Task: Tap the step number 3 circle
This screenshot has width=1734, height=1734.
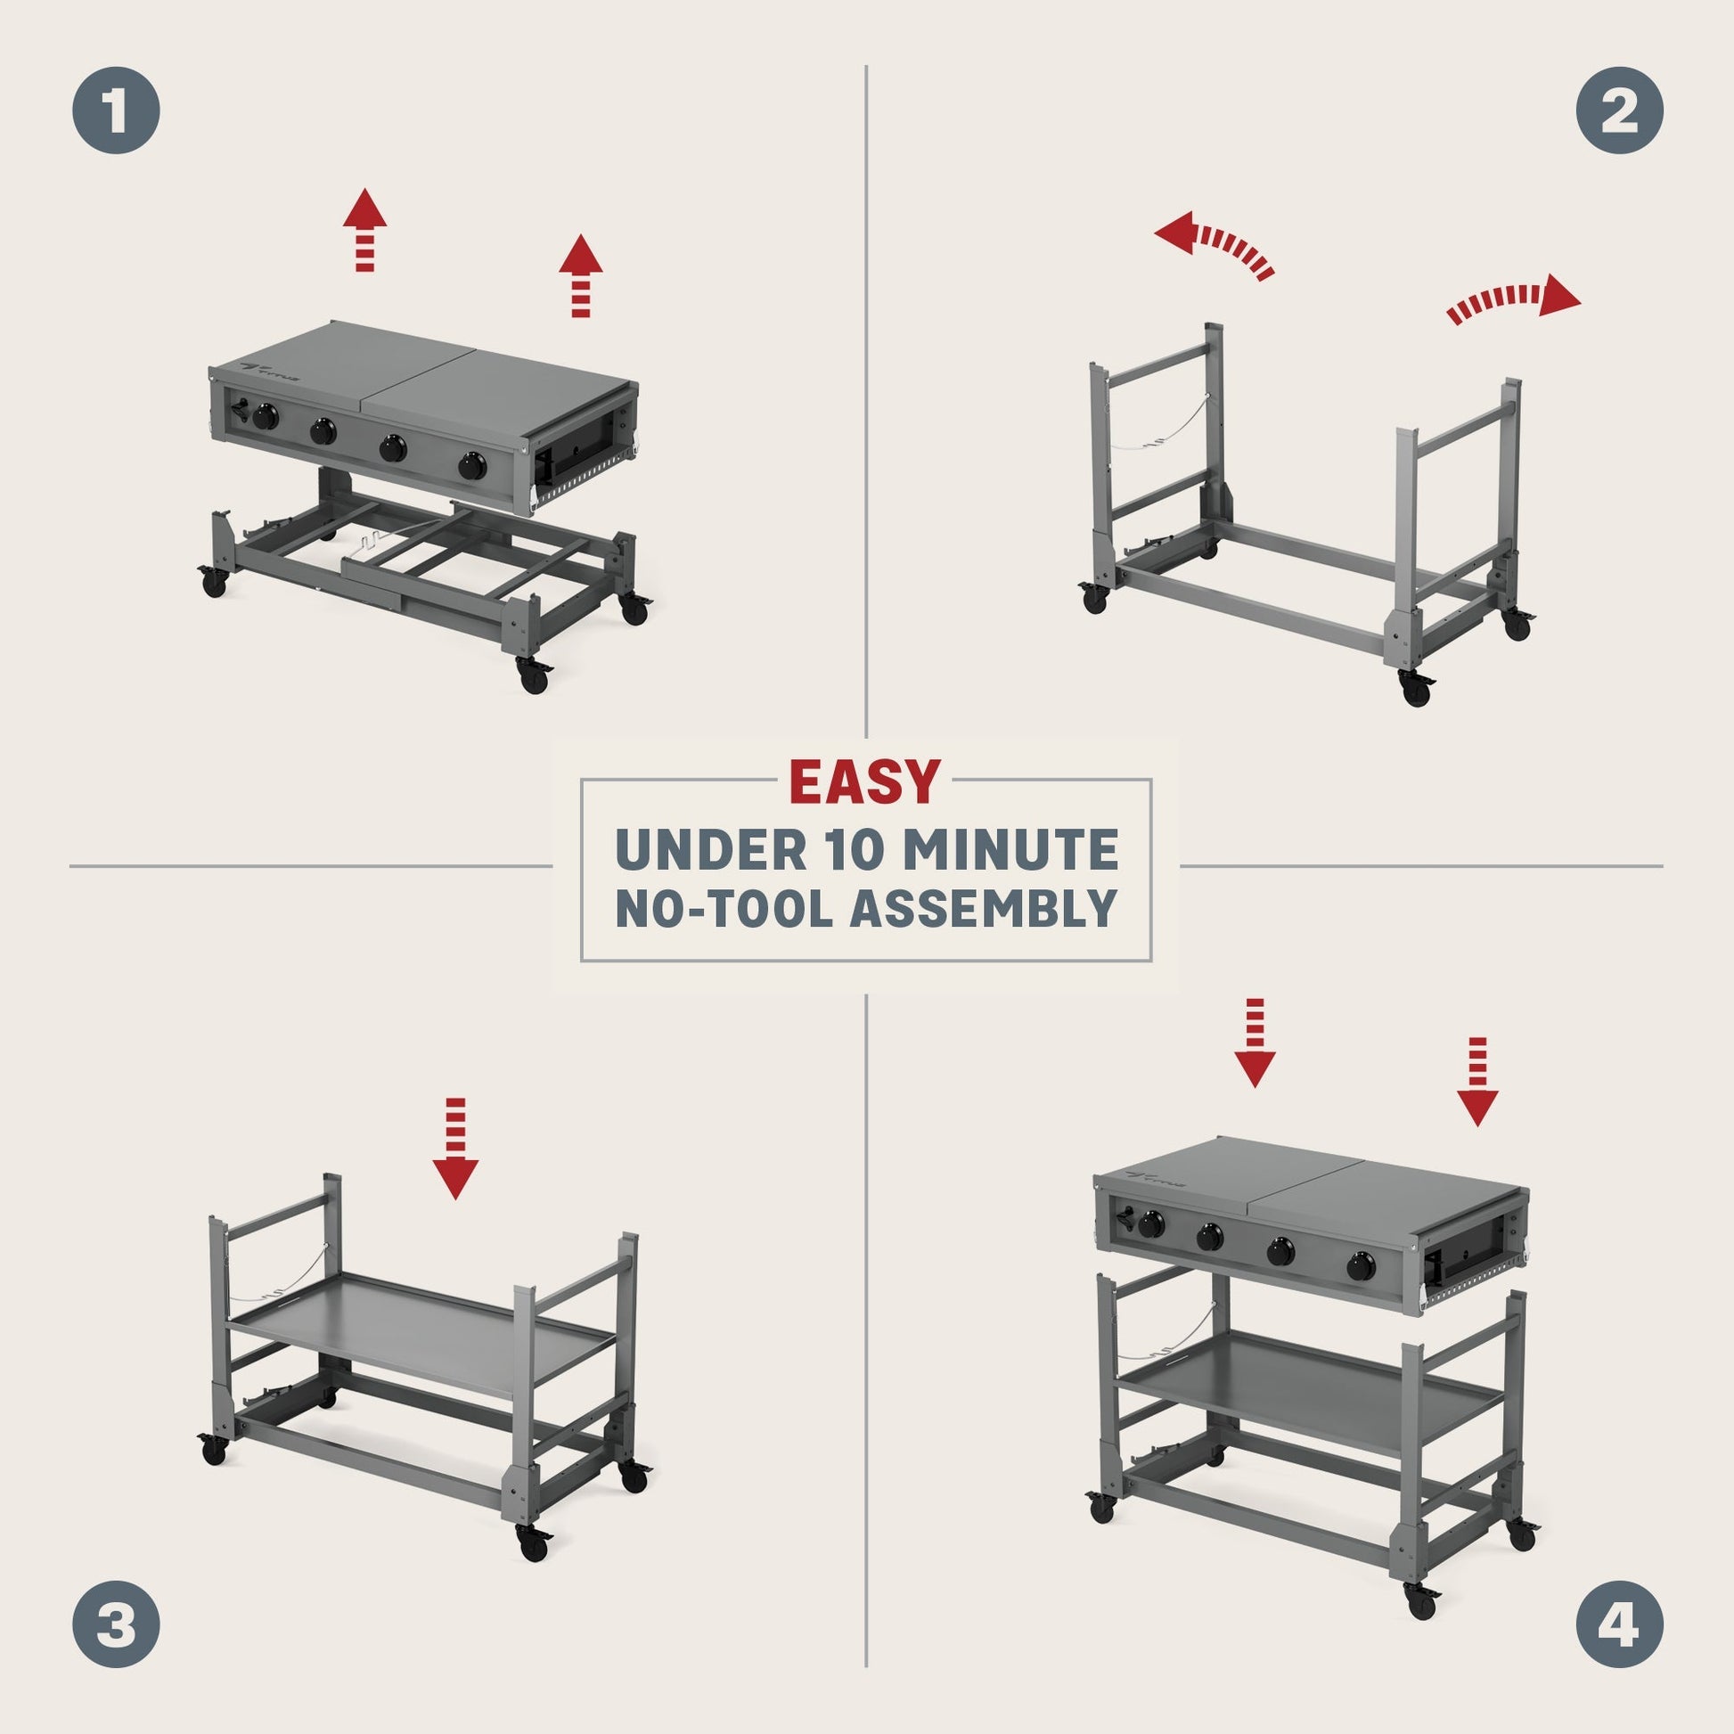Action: pyautogui.click(x=116, y=1623)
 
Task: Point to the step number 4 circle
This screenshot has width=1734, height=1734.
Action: pyautogui.click(x=1619, y=1623)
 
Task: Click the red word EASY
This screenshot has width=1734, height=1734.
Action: pyautogui.click(x=865, y=781)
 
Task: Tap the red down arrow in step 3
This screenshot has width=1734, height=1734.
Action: pyautogui.click(x=455, y=1148)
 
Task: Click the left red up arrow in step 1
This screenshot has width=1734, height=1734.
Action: pyautogui.click(x=364, y=230)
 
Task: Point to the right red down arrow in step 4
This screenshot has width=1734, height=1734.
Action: pyautogui.click(x=1477, y=1082)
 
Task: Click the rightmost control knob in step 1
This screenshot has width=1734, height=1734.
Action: pyautogui.click(x=472, y=466)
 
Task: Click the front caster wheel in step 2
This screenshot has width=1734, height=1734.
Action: pyautogui.click(x=1415, y=688)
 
